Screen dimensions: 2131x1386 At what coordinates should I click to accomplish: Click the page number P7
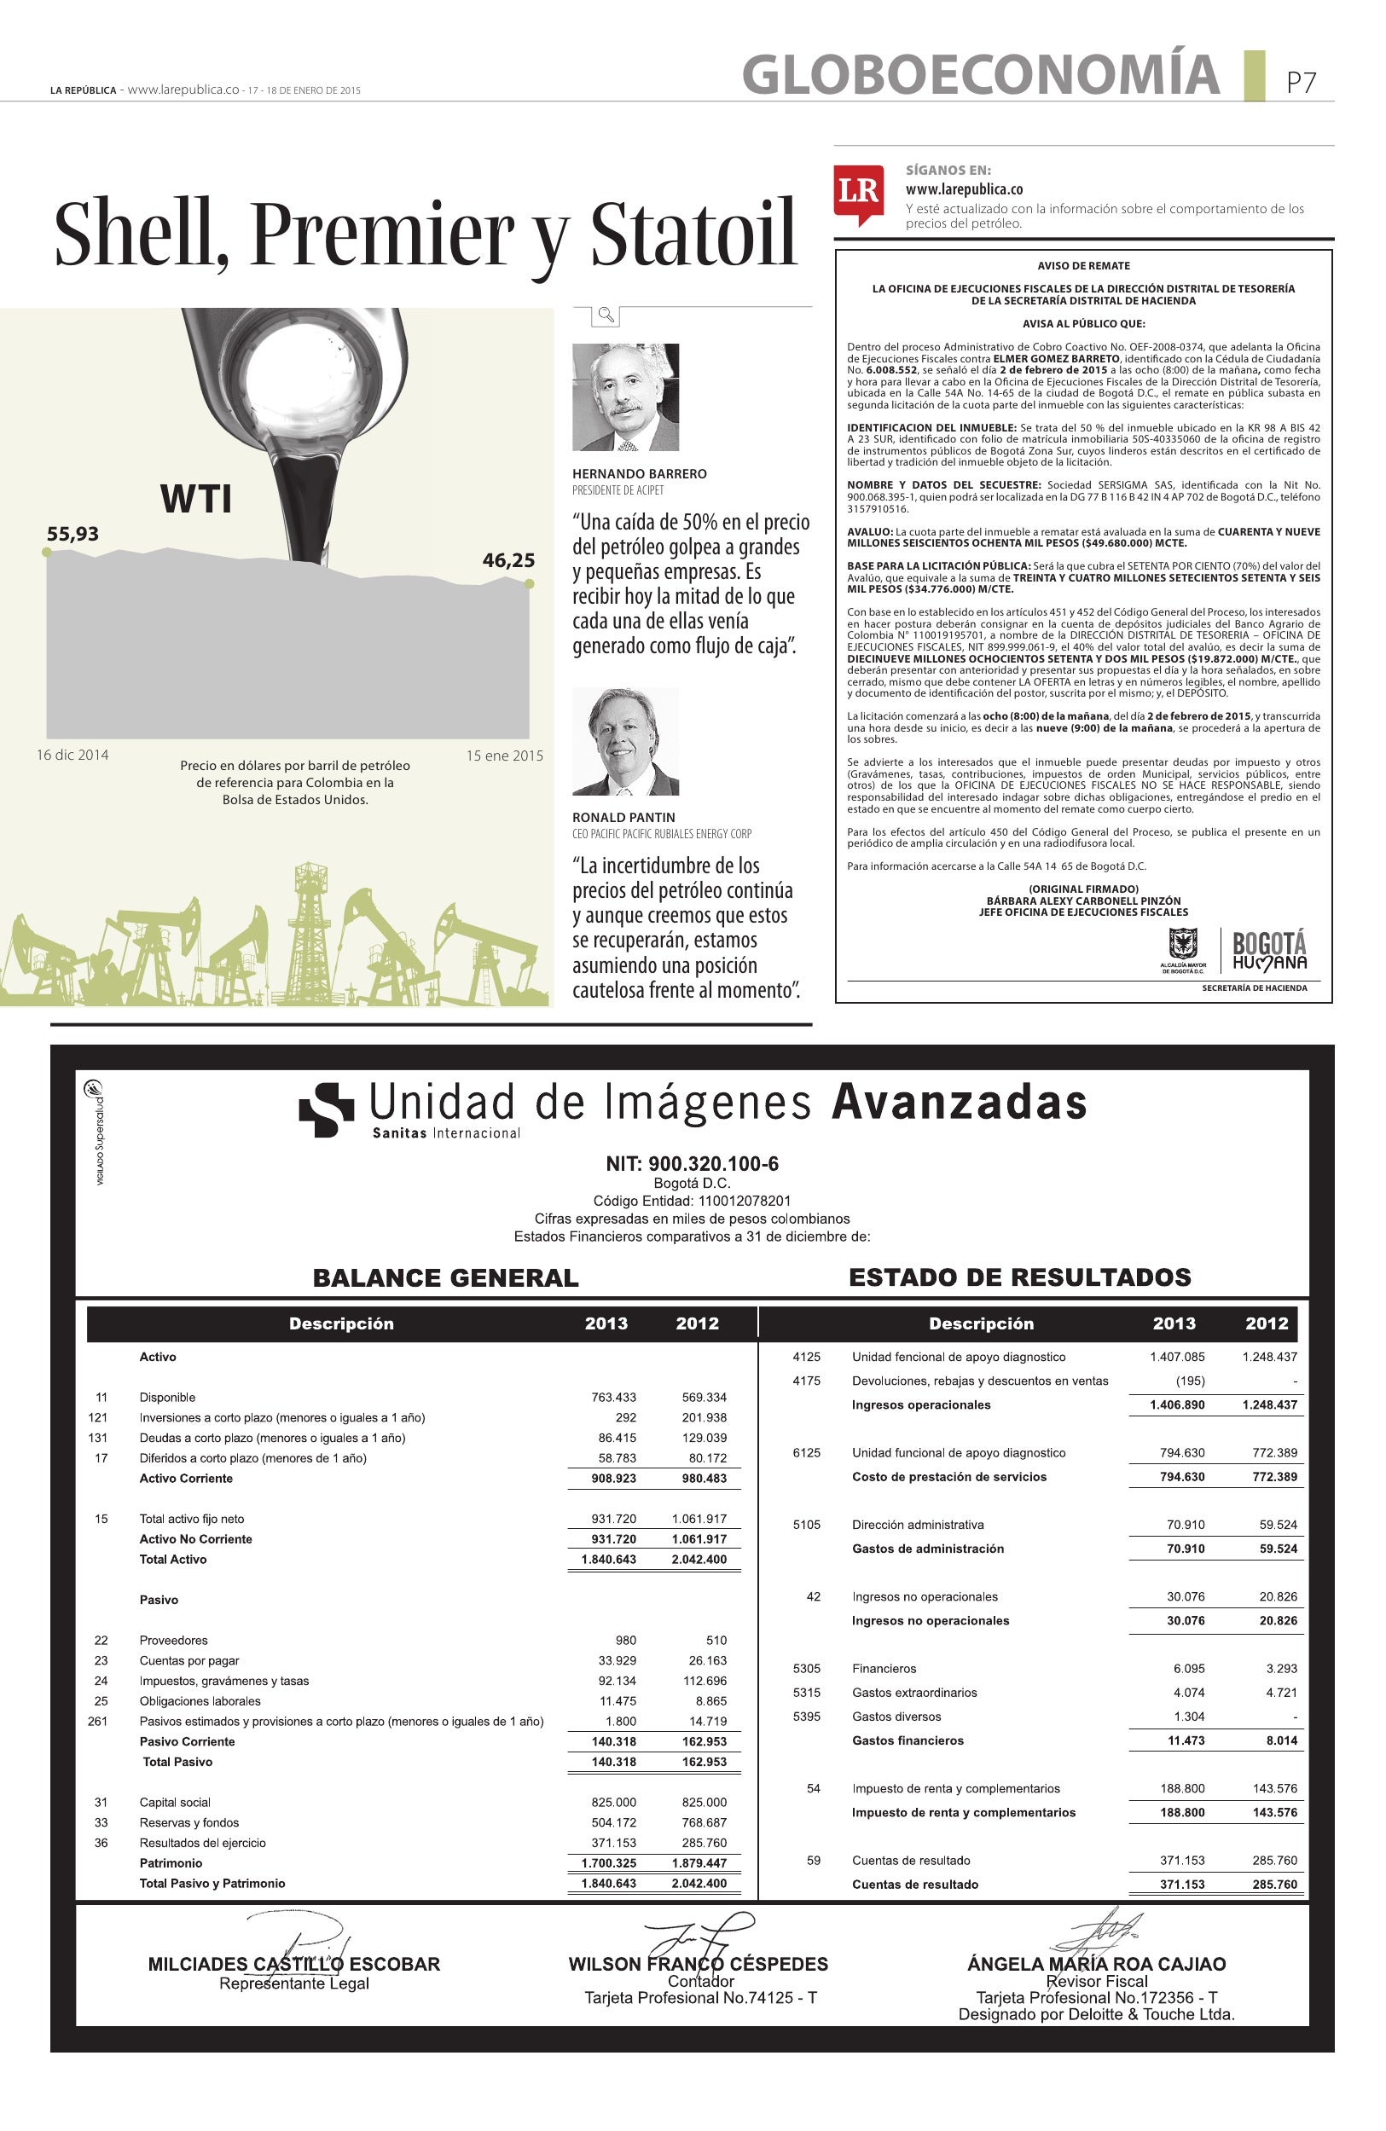[x=1301, y=83]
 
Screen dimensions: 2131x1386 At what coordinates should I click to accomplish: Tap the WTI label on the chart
[x=196, y=499]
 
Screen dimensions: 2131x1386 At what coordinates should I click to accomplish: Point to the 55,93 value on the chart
[x=72, y=535]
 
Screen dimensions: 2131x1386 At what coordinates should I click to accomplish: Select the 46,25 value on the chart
[x=508, y=560]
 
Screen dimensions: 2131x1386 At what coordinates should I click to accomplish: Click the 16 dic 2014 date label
[x=72, y=755]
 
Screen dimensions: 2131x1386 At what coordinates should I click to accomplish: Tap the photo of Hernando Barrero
[x=625, y=397]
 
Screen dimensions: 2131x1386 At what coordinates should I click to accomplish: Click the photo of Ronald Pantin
[x=625, y=741]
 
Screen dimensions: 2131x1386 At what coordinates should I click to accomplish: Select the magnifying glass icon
[x=606, y=315]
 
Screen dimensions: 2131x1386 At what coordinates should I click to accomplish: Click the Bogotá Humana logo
[x=1268, y=950]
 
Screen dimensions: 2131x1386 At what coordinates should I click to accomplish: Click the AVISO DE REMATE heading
[x=1083, y=266]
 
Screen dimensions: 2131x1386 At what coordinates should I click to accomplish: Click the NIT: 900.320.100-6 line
[x=692, y=1164]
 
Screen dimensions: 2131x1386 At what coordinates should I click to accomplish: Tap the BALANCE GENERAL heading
[x=445, y=1277]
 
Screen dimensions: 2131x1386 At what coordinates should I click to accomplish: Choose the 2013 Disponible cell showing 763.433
[x=613, y=1397]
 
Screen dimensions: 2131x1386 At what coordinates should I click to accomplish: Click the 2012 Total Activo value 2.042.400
[x=699, y=1559]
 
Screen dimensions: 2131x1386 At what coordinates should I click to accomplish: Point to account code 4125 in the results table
[x=807, y=1357]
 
